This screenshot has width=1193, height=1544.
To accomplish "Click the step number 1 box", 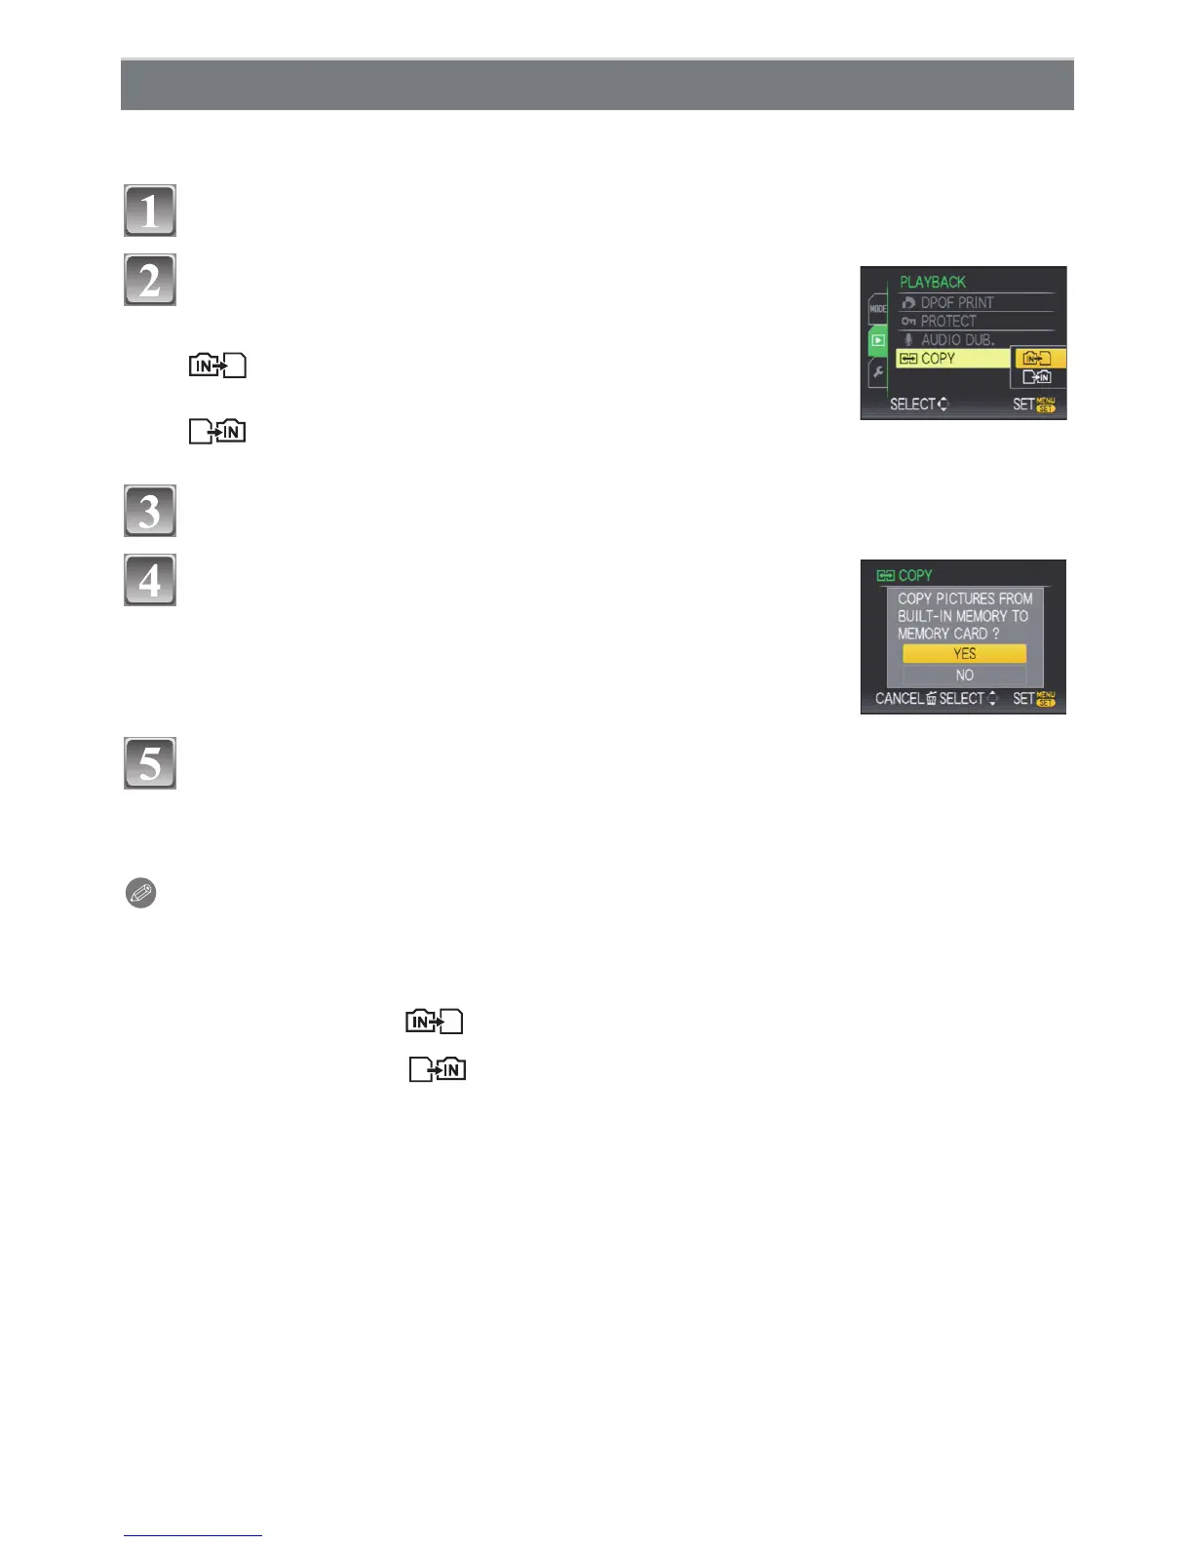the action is pos(150,211).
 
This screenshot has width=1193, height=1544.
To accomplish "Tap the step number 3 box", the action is pos(150,511).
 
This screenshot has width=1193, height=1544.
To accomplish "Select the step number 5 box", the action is pos(150,763).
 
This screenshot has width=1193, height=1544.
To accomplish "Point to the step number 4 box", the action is pos(150,580).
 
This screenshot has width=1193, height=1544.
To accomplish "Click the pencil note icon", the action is pos(141,893).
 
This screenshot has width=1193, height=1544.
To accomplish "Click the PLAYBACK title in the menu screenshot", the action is pos(932,282).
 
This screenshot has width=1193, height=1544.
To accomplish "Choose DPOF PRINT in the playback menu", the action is pos(955,302).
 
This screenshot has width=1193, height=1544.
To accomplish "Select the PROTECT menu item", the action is pos(947,321).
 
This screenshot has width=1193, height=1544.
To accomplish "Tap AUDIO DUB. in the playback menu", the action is pos(955,339).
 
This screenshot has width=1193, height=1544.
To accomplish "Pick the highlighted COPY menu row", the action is pos(951,359).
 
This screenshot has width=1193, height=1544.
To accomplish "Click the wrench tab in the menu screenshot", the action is pos(877,372).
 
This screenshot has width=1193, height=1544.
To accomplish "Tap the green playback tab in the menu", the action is pos(877,340).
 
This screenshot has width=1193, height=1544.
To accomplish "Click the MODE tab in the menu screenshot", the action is pos(877,308).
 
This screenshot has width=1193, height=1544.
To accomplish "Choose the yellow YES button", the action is pos(964,654).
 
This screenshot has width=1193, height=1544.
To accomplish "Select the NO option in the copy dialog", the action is pos(964,675).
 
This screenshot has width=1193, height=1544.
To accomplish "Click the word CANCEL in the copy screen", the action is pos(899,699).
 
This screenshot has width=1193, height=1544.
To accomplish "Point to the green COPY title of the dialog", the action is pos(913,576).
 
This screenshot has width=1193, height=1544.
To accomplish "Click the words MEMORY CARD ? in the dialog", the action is pos(948,634).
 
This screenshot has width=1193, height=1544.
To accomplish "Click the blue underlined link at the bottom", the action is pos(192,1534).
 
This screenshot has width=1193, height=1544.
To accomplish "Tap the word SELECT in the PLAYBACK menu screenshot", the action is pos(912,405).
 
